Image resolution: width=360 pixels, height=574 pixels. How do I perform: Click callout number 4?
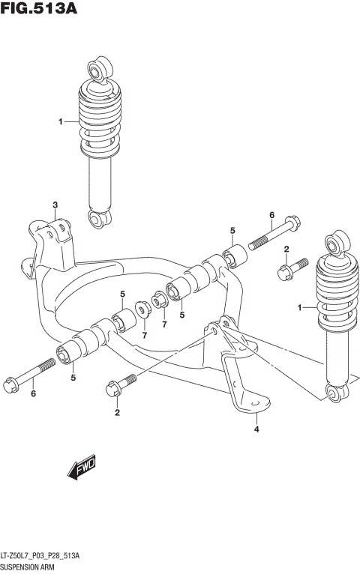256,429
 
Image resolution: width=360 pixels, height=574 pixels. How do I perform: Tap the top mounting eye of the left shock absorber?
99,70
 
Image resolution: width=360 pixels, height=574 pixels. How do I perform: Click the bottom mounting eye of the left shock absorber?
99,218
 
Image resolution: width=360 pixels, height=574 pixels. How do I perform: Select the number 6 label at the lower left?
33,393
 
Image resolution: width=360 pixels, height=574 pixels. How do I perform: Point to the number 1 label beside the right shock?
300,307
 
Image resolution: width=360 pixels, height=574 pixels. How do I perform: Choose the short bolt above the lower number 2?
120,385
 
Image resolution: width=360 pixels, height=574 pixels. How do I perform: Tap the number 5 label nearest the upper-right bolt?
233,230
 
